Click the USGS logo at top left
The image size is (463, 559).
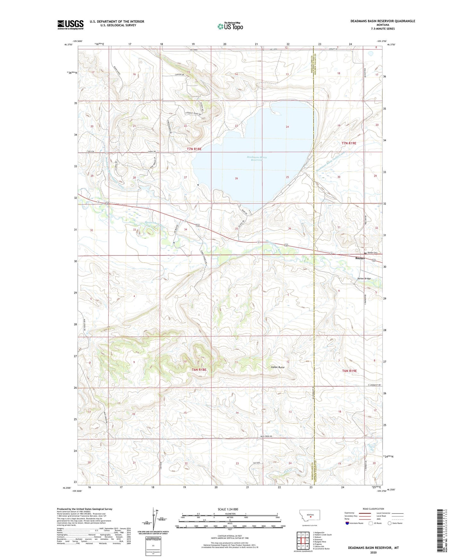(x=70, y=25)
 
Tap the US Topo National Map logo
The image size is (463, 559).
(x=230, y=26)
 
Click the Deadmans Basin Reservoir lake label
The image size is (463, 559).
(x=257, y=158)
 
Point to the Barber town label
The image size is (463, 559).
(x=360, y=258)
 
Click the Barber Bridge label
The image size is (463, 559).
(x=364, y=279)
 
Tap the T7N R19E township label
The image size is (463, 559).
(x=349, y=143)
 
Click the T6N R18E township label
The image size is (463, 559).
(x=199, y=370)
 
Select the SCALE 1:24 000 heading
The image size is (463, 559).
(x=228, y=509)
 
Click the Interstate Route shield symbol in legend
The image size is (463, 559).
(x=347, y=523)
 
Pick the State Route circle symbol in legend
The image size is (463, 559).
(x=390, y=523)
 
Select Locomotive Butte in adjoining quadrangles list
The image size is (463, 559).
(x=322, y=549)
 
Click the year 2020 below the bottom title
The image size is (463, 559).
(x=373, y=552)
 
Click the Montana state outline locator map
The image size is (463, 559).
(x=309, y=516)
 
